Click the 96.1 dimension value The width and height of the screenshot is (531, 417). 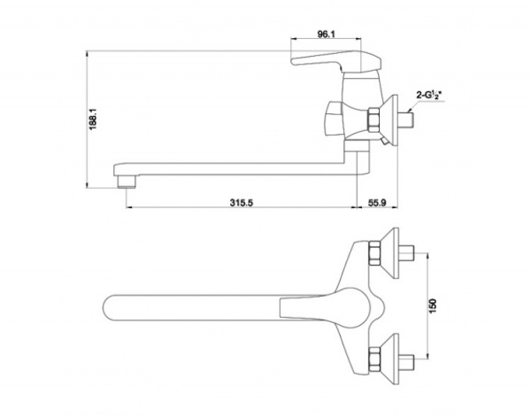click(x=326, y=35)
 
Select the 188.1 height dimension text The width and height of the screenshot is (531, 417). click(x=93, y=119)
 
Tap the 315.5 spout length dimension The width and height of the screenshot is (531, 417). click(x=241, y=203)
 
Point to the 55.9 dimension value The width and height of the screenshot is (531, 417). click(x=377, y=203)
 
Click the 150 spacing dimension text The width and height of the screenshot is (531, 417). click(x=433, y=306)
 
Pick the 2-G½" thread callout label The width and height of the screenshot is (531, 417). click(x=428, y=96)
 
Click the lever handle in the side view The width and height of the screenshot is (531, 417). click(x=336, y=61)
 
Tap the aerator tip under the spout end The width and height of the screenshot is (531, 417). click(x=127, y=181)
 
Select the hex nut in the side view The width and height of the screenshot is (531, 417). click(x=373, y=120)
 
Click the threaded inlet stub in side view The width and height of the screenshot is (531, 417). click(x=406, y=120)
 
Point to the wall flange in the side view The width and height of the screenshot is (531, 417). click(x=391, y=120)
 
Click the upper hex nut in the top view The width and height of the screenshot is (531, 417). click(x=374, y=253)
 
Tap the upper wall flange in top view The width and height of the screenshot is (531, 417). click(x=391, y=253)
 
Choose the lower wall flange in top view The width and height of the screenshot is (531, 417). click(x=391, y=359)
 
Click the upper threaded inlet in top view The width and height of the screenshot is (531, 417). click(x=407, y=253)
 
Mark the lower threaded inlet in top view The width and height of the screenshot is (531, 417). click(x=407, y=359)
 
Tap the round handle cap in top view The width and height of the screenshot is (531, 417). click(x=352, y=308)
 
